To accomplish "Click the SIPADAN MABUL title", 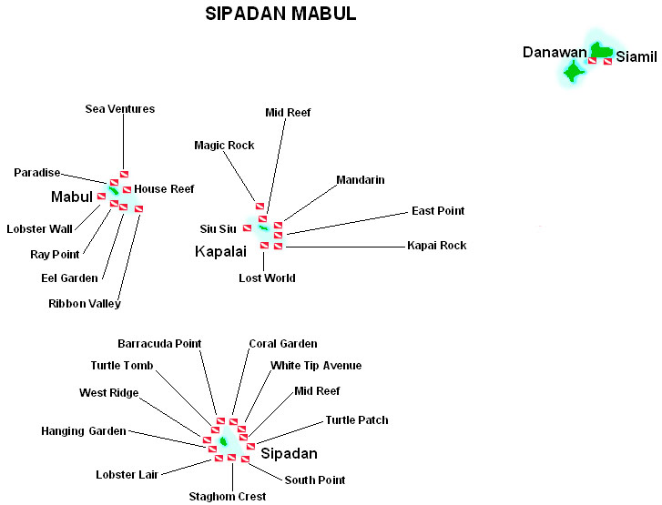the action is pos(280,14).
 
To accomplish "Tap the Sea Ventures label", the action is pos(120,109).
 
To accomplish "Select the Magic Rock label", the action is pos(224,146).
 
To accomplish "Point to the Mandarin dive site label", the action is pos(361,180).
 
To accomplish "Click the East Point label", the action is pos(438,210).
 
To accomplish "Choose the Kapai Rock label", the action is pos(437,245).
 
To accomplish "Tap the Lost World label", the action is pos(267,278).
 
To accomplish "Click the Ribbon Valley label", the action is pos(85,304).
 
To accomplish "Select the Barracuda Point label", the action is pos(159,343).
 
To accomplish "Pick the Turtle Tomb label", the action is pos(122,366).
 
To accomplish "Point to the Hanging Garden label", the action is pos(84,431).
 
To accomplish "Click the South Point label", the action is pos(315,480).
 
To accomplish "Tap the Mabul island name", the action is pos(72,197).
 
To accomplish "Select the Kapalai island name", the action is pos(220,251).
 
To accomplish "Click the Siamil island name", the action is pos(637,56).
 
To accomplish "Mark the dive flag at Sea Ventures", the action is pos(124,174).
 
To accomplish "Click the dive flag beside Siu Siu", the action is pos(247,228).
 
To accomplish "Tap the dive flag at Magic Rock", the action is pos(260,207).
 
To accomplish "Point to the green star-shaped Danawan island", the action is pos(574,72).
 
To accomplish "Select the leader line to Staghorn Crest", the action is pos(232,475).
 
